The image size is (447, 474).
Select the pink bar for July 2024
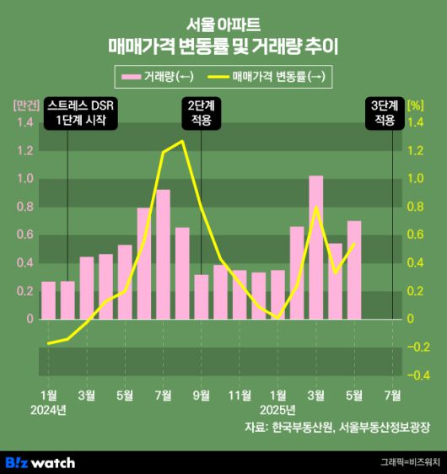[x=163, y=254]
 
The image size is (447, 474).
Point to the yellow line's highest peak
[x=182, y=141]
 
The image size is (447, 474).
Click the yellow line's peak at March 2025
[x=315, y=207]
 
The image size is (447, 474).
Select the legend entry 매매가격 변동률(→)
[x=270, y=77]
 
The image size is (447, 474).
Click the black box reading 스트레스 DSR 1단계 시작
[x=82, y=113]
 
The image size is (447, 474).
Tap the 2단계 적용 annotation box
[x=201, y=113]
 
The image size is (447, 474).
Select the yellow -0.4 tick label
[x=416, y=375]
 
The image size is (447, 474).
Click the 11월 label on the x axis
[x=240, y=394]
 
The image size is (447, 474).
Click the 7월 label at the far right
[x=392, y=394]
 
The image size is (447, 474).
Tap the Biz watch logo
[x=40, y=461]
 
